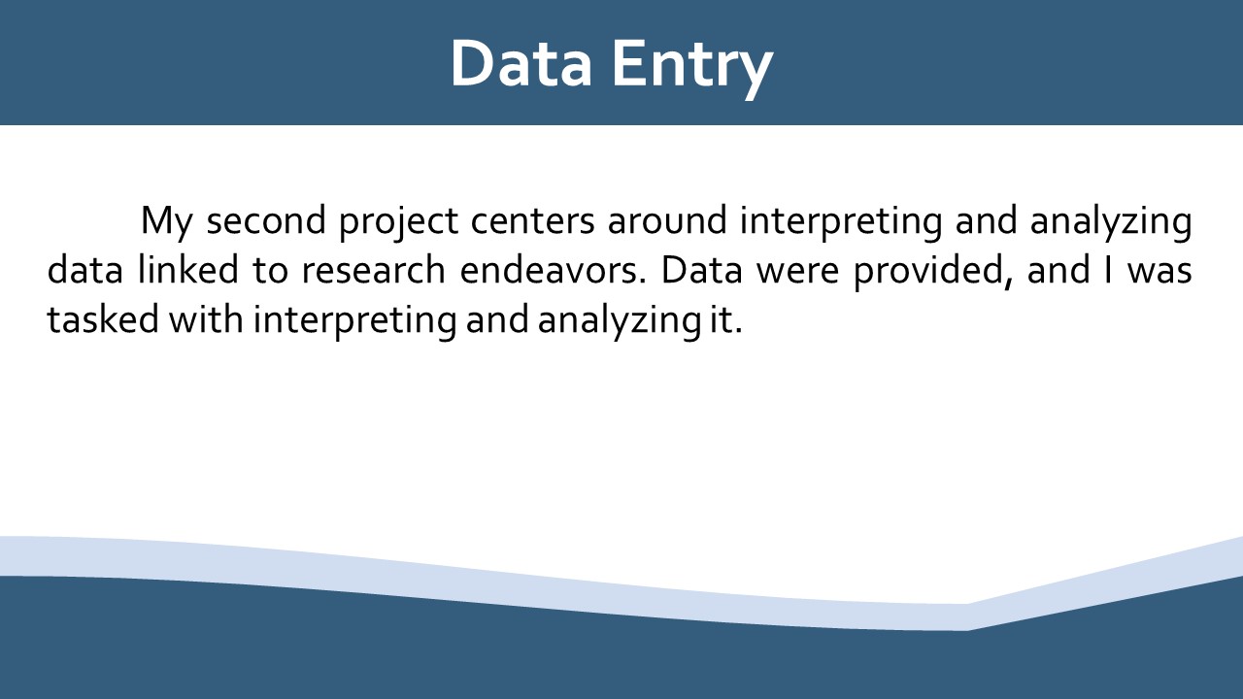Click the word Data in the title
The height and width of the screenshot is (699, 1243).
521,63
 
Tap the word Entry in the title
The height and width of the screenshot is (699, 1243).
692,69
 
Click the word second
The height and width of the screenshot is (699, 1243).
266,219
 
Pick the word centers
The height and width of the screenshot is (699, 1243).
533,220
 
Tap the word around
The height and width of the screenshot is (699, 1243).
667,219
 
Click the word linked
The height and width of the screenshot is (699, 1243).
188,269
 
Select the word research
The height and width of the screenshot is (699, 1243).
374,269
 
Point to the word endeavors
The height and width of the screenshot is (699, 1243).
554,269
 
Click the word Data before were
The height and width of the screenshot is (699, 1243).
702,270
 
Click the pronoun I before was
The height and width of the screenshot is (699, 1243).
1109,270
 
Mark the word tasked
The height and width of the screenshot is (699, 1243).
103,319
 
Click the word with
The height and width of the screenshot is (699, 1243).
206,319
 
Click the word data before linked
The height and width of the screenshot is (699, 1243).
84,269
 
